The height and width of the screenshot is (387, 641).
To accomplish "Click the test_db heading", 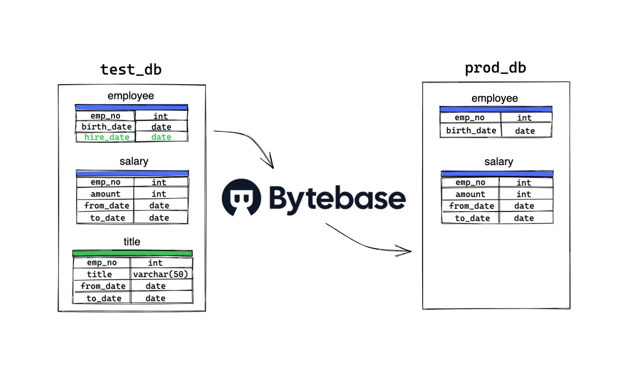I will [131, 70].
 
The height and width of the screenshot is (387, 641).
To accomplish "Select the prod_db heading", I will [495, 68].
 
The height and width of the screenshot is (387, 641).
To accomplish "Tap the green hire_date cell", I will [107, 137].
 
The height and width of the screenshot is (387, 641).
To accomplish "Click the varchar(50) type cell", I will [160, 274].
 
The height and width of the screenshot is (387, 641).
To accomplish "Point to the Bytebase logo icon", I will [241, 198].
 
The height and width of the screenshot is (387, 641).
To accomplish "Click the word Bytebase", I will [337, 198].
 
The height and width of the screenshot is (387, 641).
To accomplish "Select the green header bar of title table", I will [132, 253].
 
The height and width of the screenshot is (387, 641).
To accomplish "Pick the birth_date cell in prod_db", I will [471, 131].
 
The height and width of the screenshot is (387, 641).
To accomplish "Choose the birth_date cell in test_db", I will [106, 127].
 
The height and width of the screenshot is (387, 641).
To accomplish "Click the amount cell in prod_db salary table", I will [470, 194].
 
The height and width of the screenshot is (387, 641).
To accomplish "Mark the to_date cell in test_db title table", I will [104, 298].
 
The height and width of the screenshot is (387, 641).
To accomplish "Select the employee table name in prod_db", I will [495, 99].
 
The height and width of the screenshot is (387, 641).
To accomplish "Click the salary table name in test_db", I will [134, 161].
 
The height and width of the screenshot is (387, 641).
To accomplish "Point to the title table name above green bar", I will [132, 242].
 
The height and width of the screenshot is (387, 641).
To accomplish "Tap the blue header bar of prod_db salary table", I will [497, 174].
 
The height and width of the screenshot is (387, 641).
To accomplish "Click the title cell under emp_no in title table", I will [99, 274].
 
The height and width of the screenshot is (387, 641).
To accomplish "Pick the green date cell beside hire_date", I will [161, 137].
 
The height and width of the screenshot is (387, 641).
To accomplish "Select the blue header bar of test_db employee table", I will [132, 108].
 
